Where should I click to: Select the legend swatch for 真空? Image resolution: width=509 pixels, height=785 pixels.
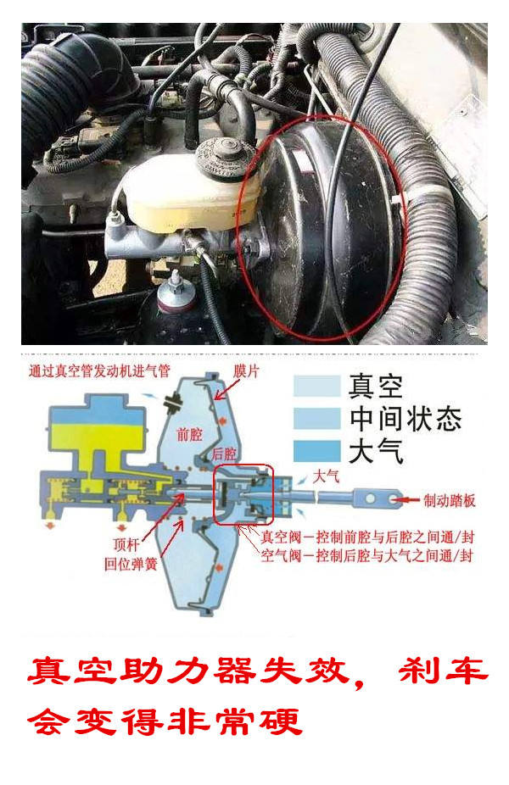point(315,386)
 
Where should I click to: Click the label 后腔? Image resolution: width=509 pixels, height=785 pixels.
point(225,453)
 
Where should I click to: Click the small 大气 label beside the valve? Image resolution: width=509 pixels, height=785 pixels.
point(327,476)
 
